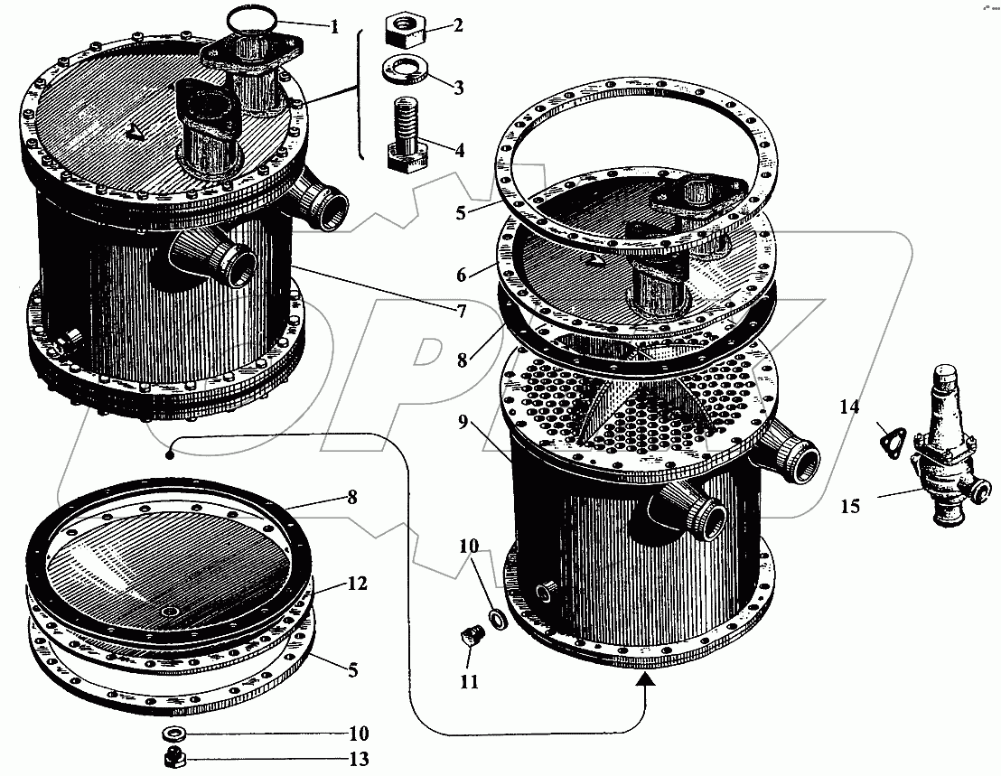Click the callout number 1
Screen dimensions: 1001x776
click(334, 27)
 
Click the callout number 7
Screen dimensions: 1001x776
click(461, 312)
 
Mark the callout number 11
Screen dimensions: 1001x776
click(470, 682)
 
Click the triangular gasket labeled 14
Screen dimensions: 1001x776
click(890, 441)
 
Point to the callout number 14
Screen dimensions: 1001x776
click(848, 408)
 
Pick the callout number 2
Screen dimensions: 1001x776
click(458, 25)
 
